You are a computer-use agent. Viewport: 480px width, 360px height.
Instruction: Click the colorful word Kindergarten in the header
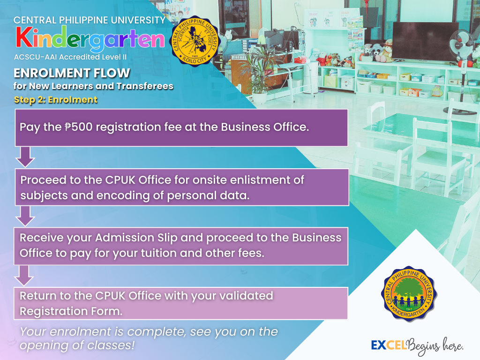click(x=90, y=38)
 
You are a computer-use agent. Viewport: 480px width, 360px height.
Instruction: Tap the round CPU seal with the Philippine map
click(x=195, y=41)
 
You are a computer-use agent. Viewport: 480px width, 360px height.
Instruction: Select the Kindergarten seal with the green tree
click(x=409, y=294)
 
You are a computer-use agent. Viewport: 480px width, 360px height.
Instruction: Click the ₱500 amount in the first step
click(x=78, y=127)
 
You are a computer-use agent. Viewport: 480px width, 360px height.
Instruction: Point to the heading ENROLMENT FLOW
click(x=72, y=73)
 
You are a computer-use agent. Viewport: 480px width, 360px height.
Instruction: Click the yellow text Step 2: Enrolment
click(x=56, y=100)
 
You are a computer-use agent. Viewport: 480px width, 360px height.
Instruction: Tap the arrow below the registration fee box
click(x=25, y=157)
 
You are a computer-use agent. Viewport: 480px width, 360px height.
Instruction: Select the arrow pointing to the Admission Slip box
click(x=25, y=216)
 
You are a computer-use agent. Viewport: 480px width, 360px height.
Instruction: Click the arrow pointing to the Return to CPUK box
click(x=24, y=276)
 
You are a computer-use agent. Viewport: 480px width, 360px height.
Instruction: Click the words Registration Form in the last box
click(x=71, y=311)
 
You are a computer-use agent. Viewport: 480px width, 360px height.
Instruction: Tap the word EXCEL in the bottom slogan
click(x=389, y=345)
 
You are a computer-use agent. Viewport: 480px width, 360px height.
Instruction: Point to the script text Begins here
click(x=435, y=346)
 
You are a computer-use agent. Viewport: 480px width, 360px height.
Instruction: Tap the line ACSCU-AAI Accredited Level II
click(x=70, y=57)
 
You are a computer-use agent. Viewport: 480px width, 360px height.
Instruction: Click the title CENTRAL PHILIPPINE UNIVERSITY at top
click(x=90, y=20)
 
